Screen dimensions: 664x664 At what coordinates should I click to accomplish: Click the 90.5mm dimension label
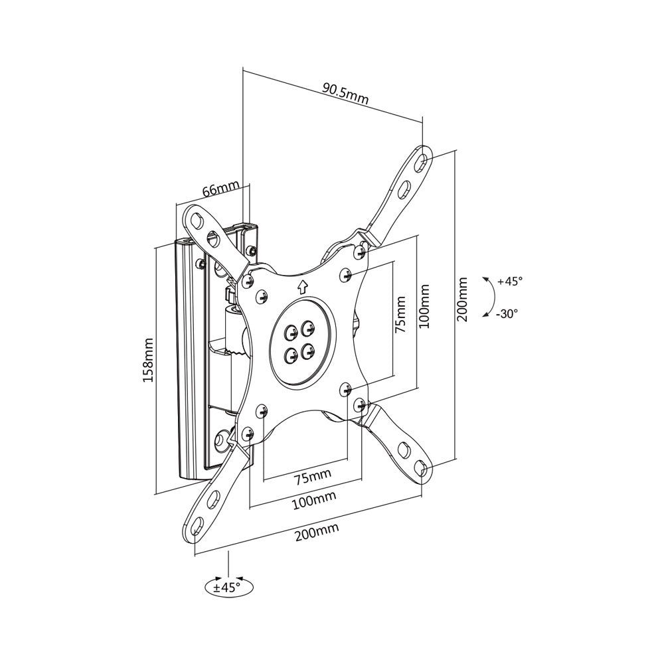point(345,93)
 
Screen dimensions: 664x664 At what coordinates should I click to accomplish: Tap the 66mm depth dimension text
point(220,190)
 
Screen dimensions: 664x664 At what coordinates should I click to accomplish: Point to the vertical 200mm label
point(463,300)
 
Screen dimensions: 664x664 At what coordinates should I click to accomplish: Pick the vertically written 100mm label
point(425,306)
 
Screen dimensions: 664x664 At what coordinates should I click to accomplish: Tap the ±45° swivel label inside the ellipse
point(226,587)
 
